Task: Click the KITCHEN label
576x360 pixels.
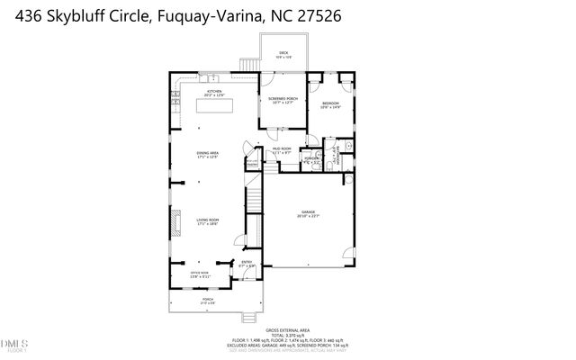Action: coord(213,93)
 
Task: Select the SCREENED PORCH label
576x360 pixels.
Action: coord(283,100)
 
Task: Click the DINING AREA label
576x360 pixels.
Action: coord(208,155)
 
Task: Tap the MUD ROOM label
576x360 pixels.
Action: coord(282,150)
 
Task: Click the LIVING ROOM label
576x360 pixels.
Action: coord(208,221)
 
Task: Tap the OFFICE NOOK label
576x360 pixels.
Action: coord(199,274)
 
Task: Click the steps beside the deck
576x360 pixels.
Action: coord(247,64)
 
